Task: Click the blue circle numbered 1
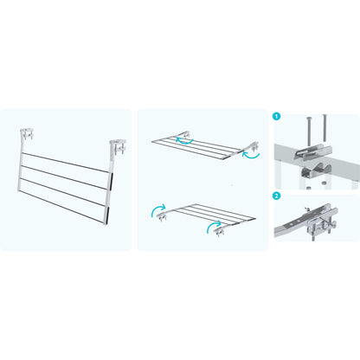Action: click(x=276, y=117)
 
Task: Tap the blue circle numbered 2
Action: click(x=276, y=196)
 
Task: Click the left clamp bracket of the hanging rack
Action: click(x=28, y=134)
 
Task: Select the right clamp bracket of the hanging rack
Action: click(x=119, y=147)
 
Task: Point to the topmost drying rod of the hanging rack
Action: click(x=66, y=163)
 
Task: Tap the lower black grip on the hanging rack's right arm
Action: click(x=107, y=215)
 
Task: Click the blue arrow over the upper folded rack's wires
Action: click(x=184, y=141)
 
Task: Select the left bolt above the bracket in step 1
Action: click(x=309, y=132)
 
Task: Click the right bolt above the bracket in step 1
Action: click(x=325, y=128)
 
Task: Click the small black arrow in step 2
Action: click(x=307, y=209)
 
